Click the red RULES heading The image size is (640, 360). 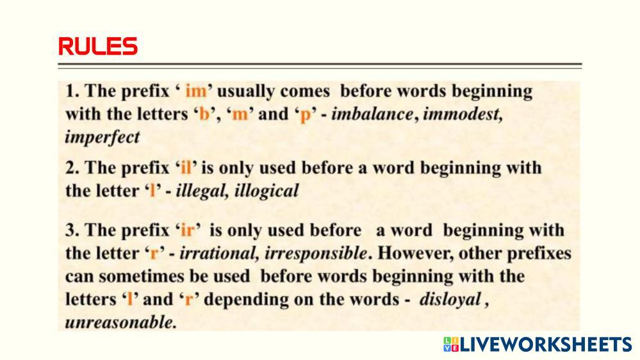(98, 46)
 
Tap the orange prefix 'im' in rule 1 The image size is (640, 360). (196, 91)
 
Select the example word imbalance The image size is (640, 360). (372, 114)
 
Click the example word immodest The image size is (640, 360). (463, 114)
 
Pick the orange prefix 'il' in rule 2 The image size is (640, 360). (186, 168)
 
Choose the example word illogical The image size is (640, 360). (267, 191)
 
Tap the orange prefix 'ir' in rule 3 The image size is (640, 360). (187, 231)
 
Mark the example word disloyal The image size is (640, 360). (450, 300)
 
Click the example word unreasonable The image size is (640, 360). (121, 322)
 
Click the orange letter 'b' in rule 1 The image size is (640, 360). (204, 114)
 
